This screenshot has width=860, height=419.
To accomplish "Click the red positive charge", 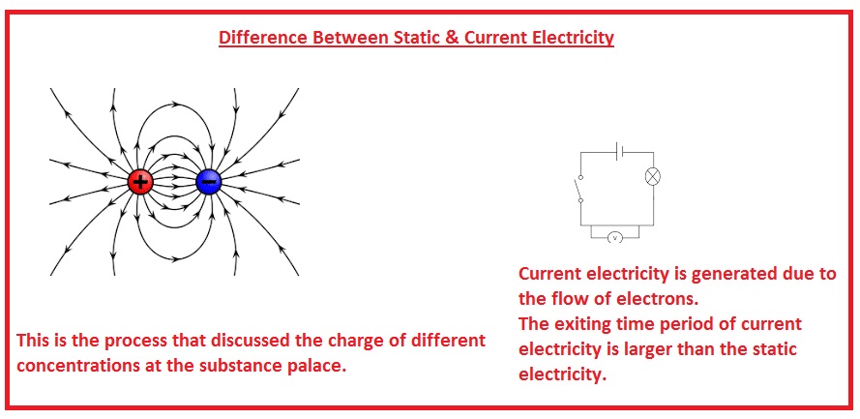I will tap(140, 181).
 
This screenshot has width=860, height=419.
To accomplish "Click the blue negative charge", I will tap(208, 181).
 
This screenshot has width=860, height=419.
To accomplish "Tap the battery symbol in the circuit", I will tap(621, 151).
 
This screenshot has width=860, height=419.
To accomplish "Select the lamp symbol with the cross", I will tap(653, 177).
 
